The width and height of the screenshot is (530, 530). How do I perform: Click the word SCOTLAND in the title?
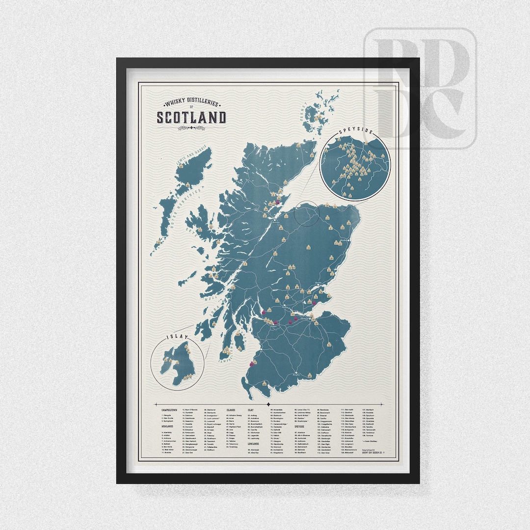point(191,118)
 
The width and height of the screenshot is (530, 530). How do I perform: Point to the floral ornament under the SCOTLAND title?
point(191,128)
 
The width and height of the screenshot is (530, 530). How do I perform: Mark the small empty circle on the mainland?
point(307,214)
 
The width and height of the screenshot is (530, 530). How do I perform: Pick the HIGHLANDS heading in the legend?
point(168,426)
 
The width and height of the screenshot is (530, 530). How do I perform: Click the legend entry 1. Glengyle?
point(168,414)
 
